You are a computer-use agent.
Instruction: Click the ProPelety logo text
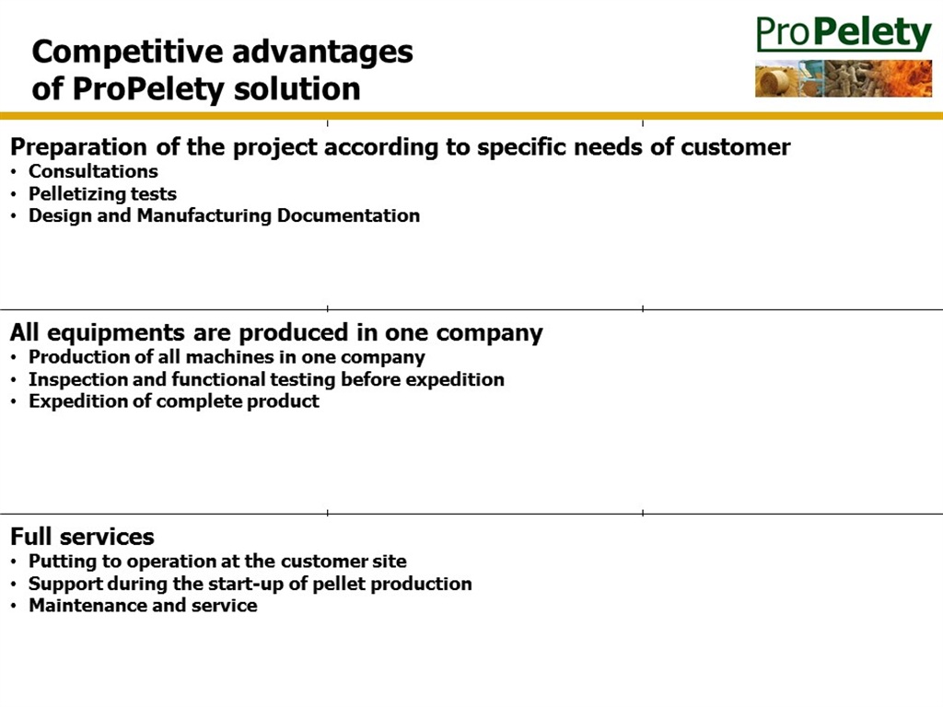tap(844, 34)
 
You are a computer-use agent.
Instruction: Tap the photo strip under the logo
tap(844, 78)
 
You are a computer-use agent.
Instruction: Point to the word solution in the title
tap(297, 89)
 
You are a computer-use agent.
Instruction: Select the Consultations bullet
tap(93, 171)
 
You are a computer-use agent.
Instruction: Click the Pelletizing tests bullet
tap(103, 193)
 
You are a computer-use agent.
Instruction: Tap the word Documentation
tap(348, 215)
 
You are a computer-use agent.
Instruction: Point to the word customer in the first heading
tap(736, 147)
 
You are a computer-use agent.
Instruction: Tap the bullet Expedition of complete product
tap(174, 401)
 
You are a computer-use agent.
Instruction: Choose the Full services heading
tap(82, 537)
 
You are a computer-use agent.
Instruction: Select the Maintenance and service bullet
tap(143, 605)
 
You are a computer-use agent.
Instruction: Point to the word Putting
tap(63, 562)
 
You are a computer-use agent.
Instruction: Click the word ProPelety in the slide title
tap(148, 89)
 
